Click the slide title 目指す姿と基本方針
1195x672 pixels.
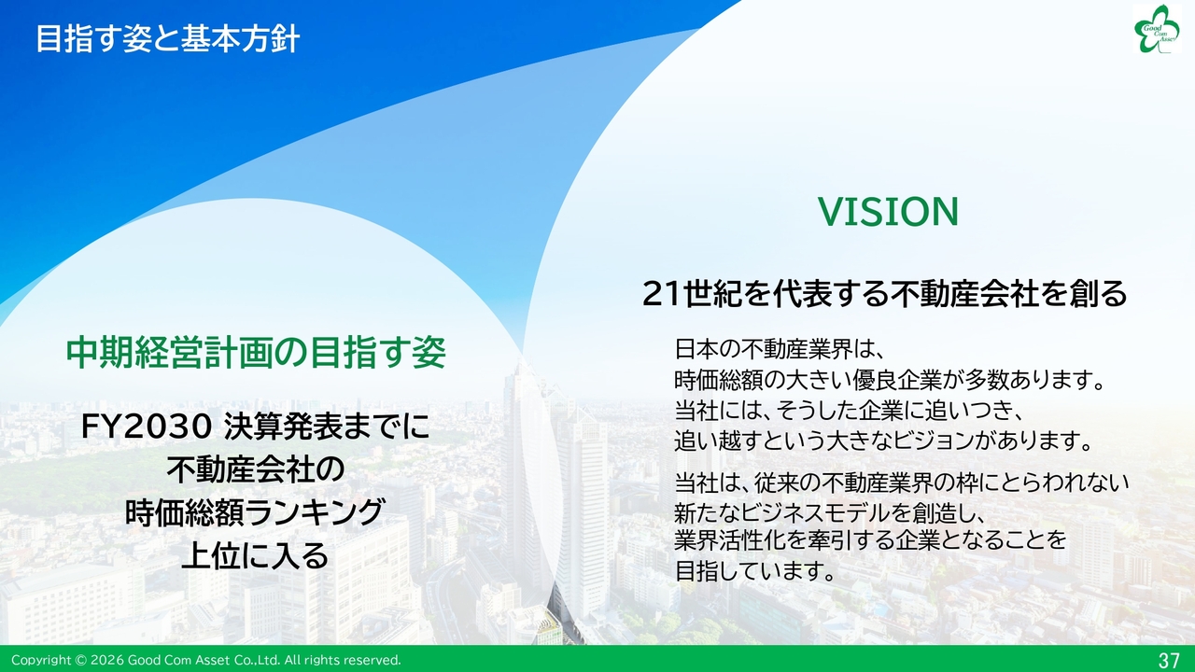click(x=167, y=39)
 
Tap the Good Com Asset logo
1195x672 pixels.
click(x=1157, y=29)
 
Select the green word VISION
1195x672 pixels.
click(x=888, y=212)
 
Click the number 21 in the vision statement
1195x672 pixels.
click(x=663, y=294)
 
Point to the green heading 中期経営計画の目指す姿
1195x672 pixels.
click(x=256, y=353)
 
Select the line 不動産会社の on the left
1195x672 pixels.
click(x=256, y=469)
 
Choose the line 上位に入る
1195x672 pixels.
click(x=255, y=555)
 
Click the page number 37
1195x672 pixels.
click(x=1169, y=660)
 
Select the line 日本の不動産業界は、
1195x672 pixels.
click(x=780, y=349)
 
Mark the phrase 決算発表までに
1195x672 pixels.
click(x=327, y=427)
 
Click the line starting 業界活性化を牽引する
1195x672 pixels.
click(x=870, y=540)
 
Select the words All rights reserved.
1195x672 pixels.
click(x=343, y=660)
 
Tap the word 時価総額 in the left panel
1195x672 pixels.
click(x=185, y=512)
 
